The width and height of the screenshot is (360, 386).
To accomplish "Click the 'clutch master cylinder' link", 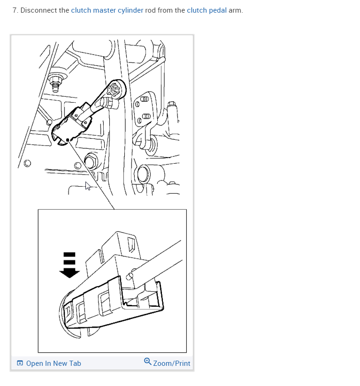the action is [107, 10].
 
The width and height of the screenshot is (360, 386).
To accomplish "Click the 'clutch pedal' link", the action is [207, 10].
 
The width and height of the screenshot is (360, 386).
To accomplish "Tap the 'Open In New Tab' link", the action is [54, 363].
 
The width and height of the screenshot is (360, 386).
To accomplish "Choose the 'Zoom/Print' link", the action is [171, 363].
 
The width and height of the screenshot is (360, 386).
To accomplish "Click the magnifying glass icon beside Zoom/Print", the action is [147, 362].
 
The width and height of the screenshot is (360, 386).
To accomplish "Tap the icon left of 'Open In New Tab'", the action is [20, 363].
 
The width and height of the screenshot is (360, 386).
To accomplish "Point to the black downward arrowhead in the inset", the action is [69, 273].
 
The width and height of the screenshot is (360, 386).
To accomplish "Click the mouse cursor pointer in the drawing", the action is [87, 186].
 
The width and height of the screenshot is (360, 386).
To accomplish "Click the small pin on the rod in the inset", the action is [130, 276].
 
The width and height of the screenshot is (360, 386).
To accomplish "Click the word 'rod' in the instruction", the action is [150, 10].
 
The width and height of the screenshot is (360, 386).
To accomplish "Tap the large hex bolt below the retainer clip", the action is [91, 161].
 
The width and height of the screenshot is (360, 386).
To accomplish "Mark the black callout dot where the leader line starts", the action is [68, 140].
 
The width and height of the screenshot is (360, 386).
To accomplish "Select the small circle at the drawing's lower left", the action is [27, 163].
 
